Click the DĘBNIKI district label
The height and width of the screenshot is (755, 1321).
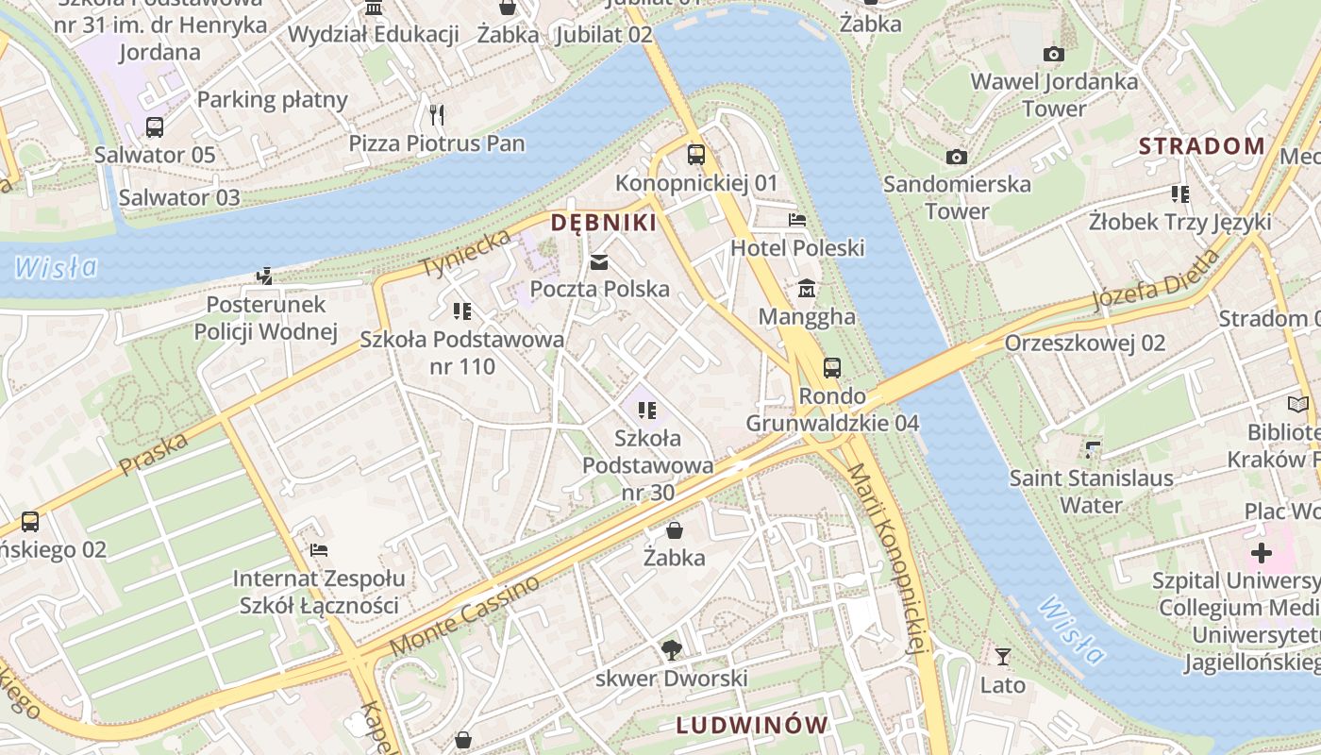(x=603, y=223)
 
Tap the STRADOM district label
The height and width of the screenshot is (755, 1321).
(x=1201, y=146)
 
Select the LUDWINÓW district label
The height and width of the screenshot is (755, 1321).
(x=752, y=726)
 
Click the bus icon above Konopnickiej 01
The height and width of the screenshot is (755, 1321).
(x=696, y=155)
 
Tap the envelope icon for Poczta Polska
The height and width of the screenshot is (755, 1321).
(x=599, y=262)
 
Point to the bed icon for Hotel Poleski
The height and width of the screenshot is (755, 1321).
(x=797, y=221)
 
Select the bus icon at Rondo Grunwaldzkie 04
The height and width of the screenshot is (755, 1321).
(x=831, y=368)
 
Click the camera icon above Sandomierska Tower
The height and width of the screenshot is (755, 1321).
(x=957, y=157)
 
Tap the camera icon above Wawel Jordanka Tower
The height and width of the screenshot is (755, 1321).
(x=1054, y=55)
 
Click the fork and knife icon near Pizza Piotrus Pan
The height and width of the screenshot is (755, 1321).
(x=436, y=115)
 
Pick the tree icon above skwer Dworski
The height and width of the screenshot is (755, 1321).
(x=671, y=649)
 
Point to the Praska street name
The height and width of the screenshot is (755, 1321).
(x=154, y=453)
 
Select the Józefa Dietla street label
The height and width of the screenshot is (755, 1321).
(x=1156, y=280)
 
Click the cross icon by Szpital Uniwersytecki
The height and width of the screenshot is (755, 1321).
(x=1262, y=553)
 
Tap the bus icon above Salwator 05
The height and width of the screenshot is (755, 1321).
(x=155, y=126)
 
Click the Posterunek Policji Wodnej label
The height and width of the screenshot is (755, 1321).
(x=266, y=318)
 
